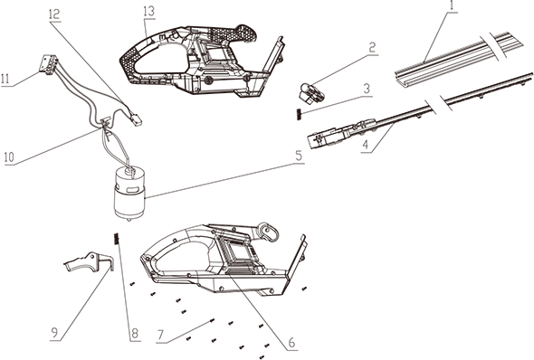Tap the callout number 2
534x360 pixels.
[x=372, y=47]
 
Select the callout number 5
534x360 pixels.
[x=299, y=156]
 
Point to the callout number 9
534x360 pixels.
[x=54, y=333]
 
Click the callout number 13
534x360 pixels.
[x=149, y=11]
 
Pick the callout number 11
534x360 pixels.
[x=5, y=79]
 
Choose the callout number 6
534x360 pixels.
[x=291, y=343]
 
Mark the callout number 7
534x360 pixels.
[x=161, y=336]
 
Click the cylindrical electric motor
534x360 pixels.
[x=129, y=194]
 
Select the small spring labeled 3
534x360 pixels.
[x=300, y=114]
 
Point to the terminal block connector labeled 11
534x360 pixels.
[x=48, y=63]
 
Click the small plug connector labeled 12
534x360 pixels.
[x=137, y=119]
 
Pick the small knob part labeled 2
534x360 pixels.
[x=311, y=92]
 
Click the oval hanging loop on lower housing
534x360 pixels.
[x=269, y=232]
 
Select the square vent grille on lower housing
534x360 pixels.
[x=238, y=251]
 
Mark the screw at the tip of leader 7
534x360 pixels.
[x=213, y=320]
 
